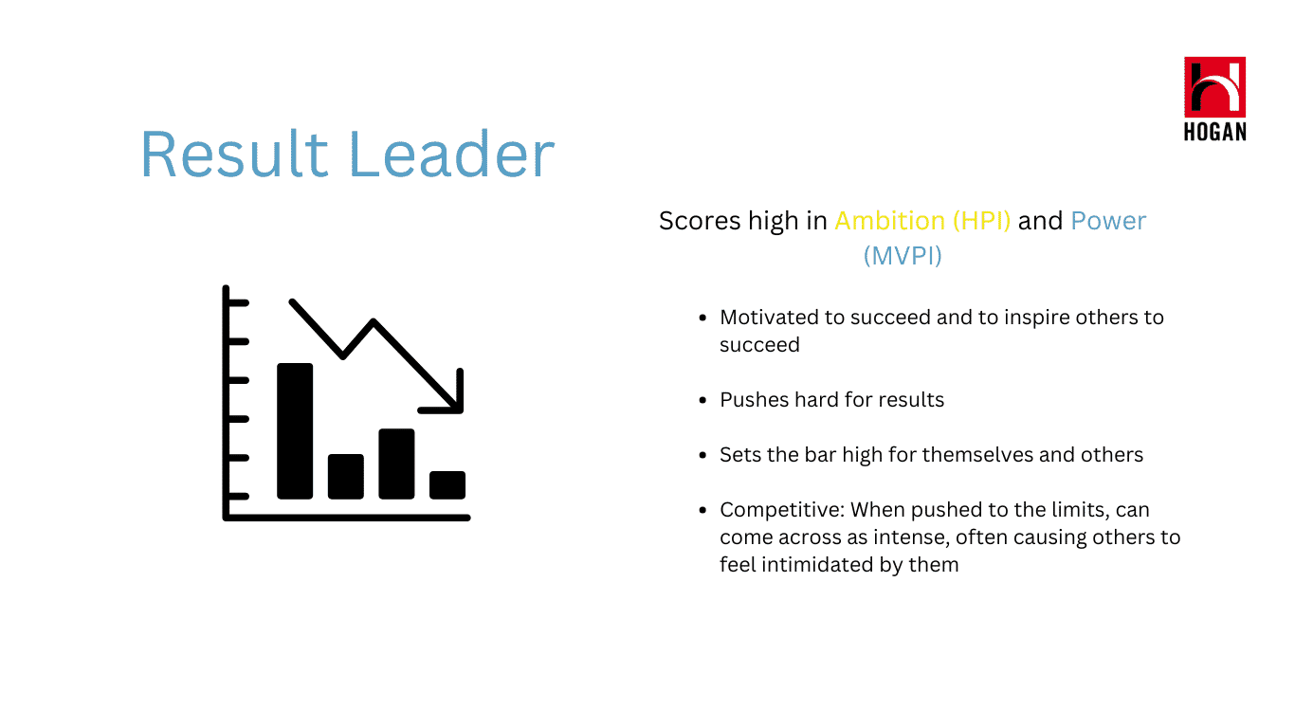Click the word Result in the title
(x=234, y=154)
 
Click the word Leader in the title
(x=452, y=154)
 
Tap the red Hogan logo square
(x=1214, y=87)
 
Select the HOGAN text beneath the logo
(x=1214, y=132)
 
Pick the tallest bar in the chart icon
(x=295, y=430)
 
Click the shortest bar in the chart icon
(x=447, y=485)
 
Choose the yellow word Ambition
(x=890, y=221)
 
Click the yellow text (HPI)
(x=981, y=221)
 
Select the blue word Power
(x=1108, y=221)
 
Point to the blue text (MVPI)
(x=903, y=256)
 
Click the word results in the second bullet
(x=916, y=400)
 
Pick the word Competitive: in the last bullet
(x=782, y=511)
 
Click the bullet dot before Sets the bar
(x=702, y=455)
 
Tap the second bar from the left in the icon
(x=346, y=477)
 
